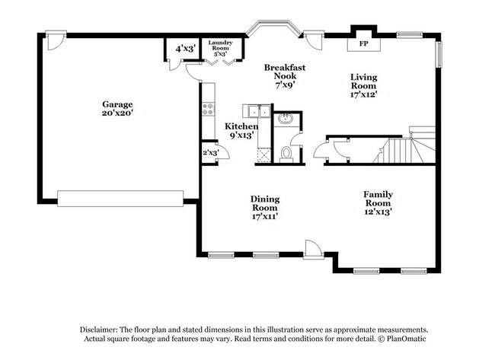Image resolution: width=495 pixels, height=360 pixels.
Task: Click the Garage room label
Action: pyautogui.click(x=118, y=109)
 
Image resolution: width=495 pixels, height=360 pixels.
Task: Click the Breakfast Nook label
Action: pyautogui.click(x=285, y=76)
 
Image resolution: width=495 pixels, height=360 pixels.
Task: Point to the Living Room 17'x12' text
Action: pyautogui.click(x=363, y=85)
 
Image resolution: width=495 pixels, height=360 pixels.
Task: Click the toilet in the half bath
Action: pyautogui.click(x=286, y=154)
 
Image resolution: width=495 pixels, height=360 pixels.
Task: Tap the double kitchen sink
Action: pyautogui.click(x=254, y=112)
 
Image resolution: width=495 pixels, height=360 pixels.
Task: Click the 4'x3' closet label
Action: pyautogui.click(x=185, y=49)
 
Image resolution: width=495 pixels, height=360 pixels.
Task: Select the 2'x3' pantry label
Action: pyautogui.click(x=209, y=153)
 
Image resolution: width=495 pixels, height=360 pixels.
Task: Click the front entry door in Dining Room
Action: pyautogui.click(x=313, y=250)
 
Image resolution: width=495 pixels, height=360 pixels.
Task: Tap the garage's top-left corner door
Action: pyautogui.click(x=55, y=40)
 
